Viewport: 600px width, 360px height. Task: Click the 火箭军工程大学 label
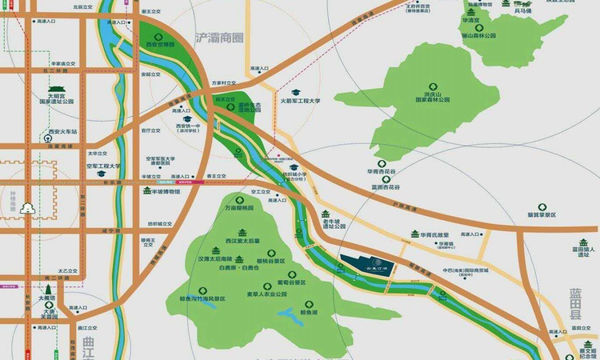[x=301, y=102]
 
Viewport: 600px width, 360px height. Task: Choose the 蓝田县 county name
[x=578, y=305]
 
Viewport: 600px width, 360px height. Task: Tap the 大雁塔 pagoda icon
[x=49, y=289]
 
